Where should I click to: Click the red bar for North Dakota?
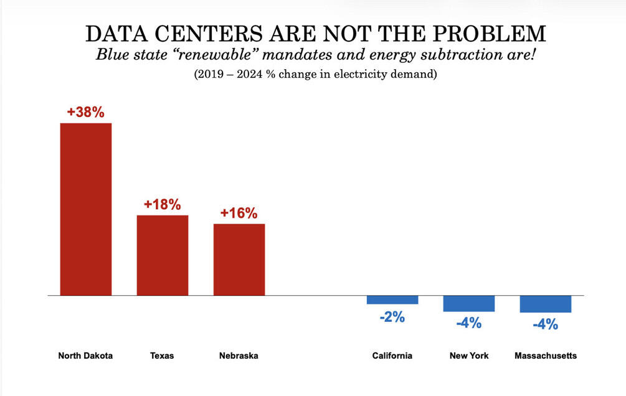pyautogui.click(x=85, y=209)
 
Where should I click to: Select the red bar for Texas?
pyautogui.click(x=163, y=255)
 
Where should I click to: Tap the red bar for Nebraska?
pyautogui.click(x=239, y=259)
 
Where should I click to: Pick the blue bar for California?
pyautogui.click(x=392, y=299)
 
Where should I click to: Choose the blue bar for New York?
pyautogui.click(x=469, y=303)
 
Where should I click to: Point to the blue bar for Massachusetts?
pyautogui.click(x=546, y=304)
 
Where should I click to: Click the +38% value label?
pyautogui.click(x=85, y=113)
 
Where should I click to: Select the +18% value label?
pyautogui.click(x=162, y=205)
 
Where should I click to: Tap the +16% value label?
pyautogui.click(x=239, y=213)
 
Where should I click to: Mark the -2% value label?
pyautogui.click(x=392, y=317)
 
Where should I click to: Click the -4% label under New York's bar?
pyautogui.click(x=468, y=323)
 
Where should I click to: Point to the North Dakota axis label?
pyautogui.click(x=85, y=356)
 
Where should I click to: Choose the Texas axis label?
pyautogui.click(x=162, y=356)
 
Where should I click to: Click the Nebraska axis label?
pyautogui.click(x=239, y=356)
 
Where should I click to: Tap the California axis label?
pyautogui.click(x=392, y=356)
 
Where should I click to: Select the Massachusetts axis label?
pyautogui.click(x=546, y=356)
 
